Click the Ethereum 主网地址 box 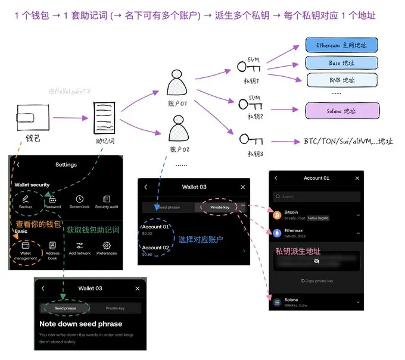(342, 45)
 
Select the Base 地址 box (342, 62)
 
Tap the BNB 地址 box (342, 80)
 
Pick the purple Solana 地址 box (342, 111)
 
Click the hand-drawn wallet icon (34, 118)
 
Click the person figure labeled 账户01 (177, 84)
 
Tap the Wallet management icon (26, 246)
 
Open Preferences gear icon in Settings (107, 245)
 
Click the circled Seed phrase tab (66, 308)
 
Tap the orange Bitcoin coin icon (276, 214)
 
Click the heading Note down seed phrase (80, 324)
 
